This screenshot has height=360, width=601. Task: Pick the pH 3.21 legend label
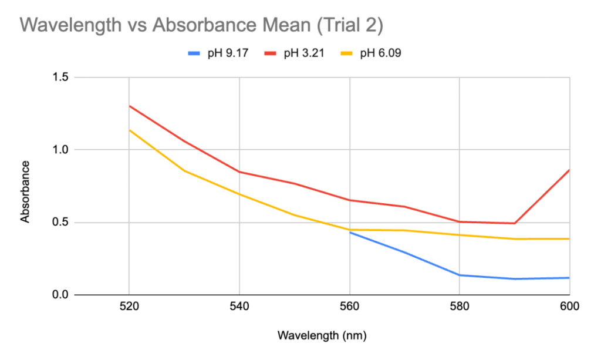click(x=304, y=53)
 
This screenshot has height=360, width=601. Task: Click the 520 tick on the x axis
click(x=129, y=307)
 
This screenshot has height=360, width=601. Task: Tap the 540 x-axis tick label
click(x=239, y=307)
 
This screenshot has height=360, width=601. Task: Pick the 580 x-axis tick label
click(x=460, y=307)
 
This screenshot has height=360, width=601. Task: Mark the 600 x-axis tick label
click(x=569, y=307)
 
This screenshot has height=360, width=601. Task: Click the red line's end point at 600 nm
click(x=569, y=170)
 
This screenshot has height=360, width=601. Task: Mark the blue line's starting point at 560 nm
click(x=350, y=233)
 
